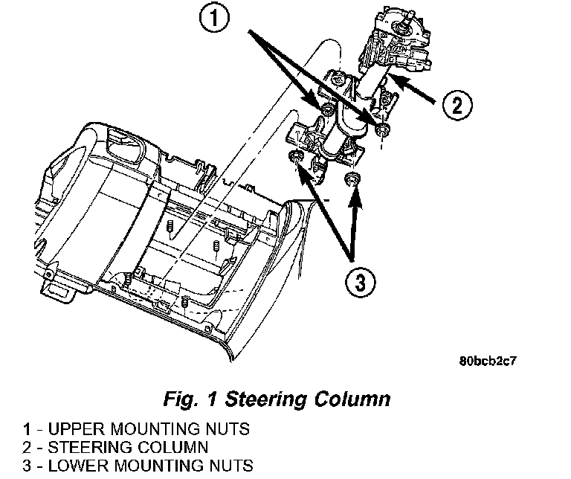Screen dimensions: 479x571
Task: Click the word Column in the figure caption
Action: (353, 399)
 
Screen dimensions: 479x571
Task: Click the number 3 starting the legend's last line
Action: (27, 466)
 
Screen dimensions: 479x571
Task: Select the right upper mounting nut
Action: (381, 131)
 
